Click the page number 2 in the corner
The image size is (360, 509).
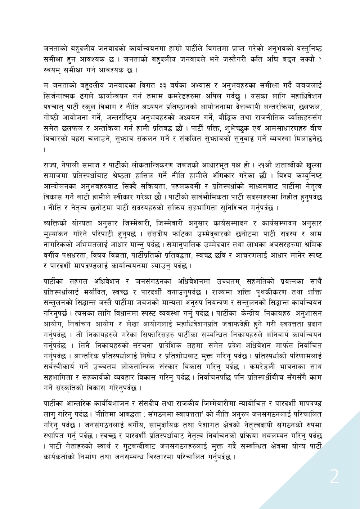tap(334, 477)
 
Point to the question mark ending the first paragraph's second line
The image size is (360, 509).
tap(320, 59)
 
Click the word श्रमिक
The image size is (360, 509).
tap(311, 244)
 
